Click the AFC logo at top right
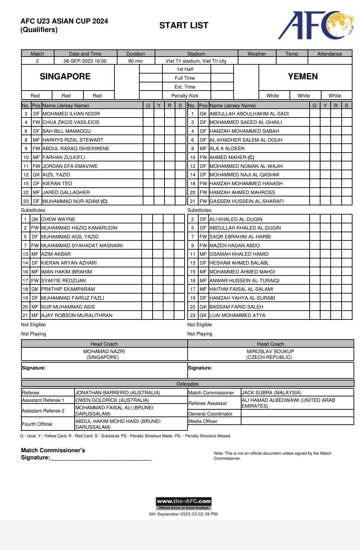click(317, 26)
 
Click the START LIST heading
click(184, 26)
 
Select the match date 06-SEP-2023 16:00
click(85, 61)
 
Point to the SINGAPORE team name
click(65, 76)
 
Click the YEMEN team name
click(303, 76)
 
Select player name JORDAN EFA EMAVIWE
click(70, 166)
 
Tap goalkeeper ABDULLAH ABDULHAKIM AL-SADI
click(249, 114)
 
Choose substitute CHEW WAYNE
click(58, 219)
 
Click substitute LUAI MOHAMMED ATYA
click(237, 315)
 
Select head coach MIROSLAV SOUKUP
click(270, 351)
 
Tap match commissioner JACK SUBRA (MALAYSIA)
click(271, 393)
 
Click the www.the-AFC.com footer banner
click(184, 503)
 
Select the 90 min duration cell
click(136, 61)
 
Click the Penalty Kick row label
click(185, 96)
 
